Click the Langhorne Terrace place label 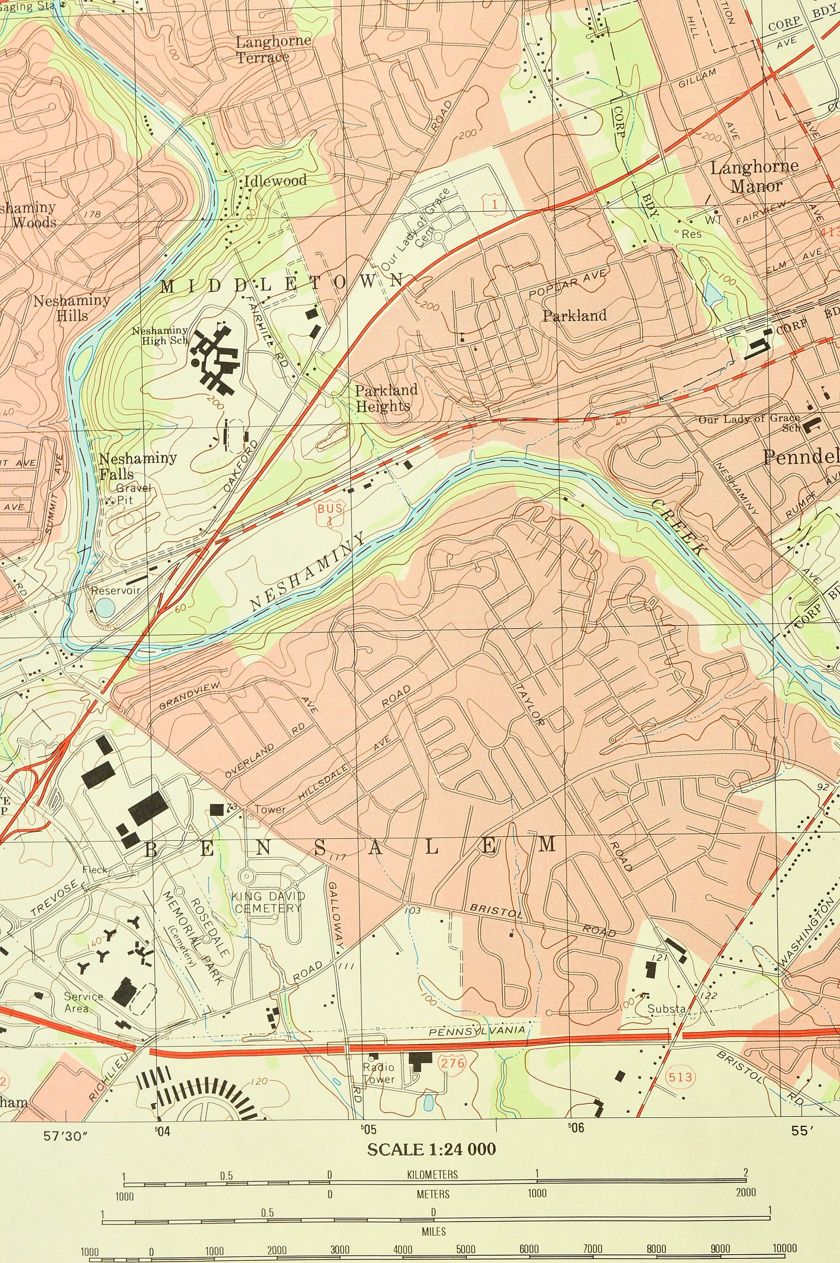point(273,49)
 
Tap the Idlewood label point(275,181)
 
